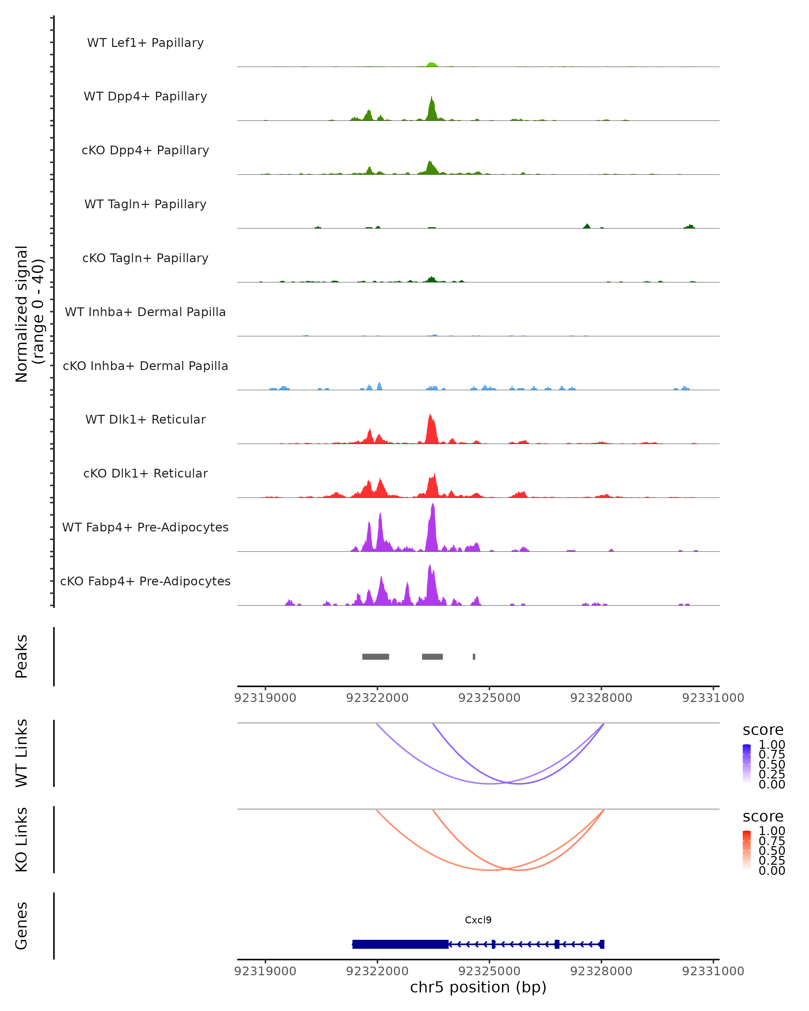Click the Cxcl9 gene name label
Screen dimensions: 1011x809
click(x=478, y=920)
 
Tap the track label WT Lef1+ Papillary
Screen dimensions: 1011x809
click(x=145, y=43)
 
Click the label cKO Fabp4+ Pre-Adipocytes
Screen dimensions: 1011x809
click(x=145, y=581)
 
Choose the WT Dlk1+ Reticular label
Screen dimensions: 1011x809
click(x=145, y=419)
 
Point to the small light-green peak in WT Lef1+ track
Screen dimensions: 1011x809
click(x=432, y=65)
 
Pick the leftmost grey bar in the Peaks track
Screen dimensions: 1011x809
click(x=376, y=656)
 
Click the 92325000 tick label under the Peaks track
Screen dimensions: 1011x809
click(x=489, y=698)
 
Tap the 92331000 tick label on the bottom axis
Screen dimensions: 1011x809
click(x=713, y=971)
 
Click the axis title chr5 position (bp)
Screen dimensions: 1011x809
click(x=478, y=987)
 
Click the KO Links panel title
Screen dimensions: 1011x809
click(x=22, y=839)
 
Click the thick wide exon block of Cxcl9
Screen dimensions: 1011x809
click(x=400, y=944)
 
